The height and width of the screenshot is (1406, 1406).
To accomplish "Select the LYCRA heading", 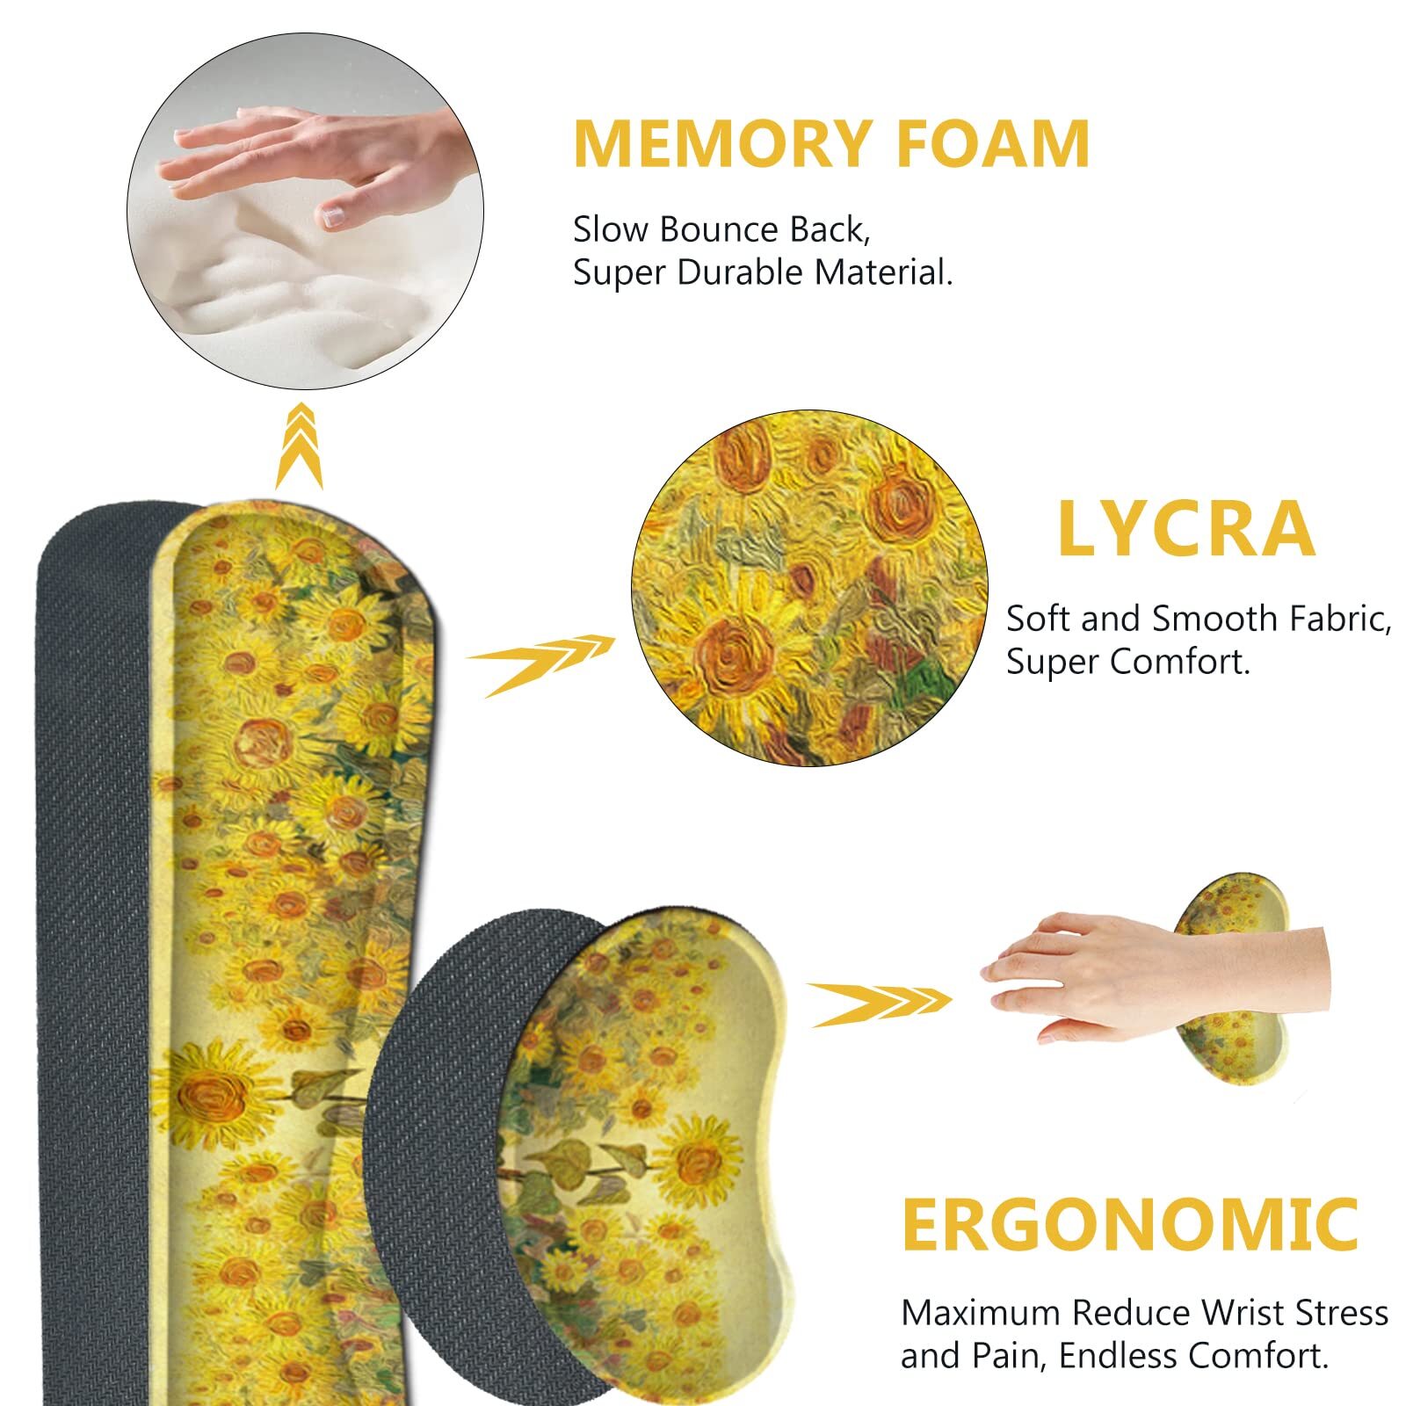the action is (x=1185, y=529).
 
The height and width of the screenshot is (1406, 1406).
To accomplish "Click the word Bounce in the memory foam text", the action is (x=718, y=230).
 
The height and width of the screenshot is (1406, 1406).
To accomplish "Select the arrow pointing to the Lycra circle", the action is (x=538, y=663).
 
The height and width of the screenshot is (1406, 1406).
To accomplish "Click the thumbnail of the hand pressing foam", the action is (x=305, y=211).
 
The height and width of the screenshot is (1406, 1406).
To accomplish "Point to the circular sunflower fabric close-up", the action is (x=809, y=587).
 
